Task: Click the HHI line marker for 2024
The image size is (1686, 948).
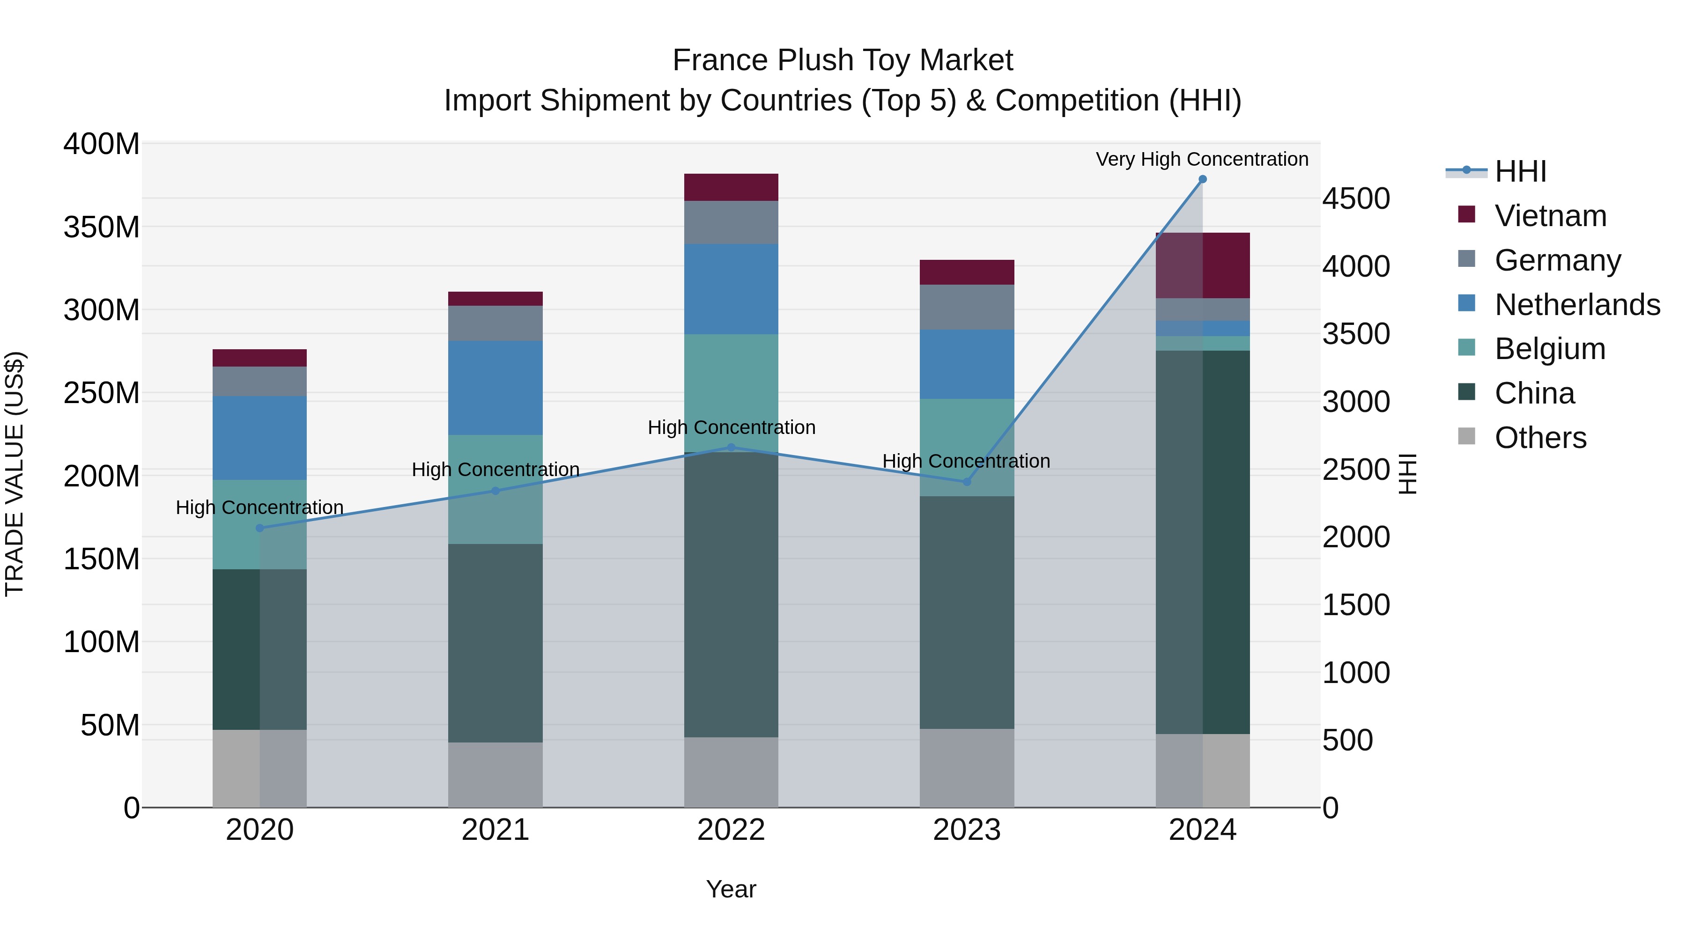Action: pos(1202,179)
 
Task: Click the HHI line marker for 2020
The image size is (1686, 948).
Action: pos(260,528)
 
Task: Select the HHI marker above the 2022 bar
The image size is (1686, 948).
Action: pos(731,448)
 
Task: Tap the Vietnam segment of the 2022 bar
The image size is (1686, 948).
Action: pos(731,187)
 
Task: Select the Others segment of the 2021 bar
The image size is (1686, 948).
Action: pos(495,775)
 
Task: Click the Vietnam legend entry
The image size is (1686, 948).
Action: pos(1550,216)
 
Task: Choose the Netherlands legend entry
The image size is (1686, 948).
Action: pos(1576,305)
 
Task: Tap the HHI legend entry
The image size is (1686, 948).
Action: pos(1520,171)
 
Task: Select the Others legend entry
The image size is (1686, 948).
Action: pos(1539,438)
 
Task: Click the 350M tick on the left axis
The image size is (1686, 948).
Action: pos(102,227)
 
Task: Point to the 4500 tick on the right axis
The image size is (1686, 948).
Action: pos(1356,199)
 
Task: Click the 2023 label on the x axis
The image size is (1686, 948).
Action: pos(967,830)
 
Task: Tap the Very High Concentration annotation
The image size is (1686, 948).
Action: pos(1202,159)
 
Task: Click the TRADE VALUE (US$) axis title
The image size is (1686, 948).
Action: pos(15,474)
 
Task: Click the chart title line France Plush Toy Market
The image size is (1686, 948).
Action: pos(843,60)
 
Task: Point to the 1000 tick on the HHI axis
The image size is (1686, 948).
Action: pos(1356,673)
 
